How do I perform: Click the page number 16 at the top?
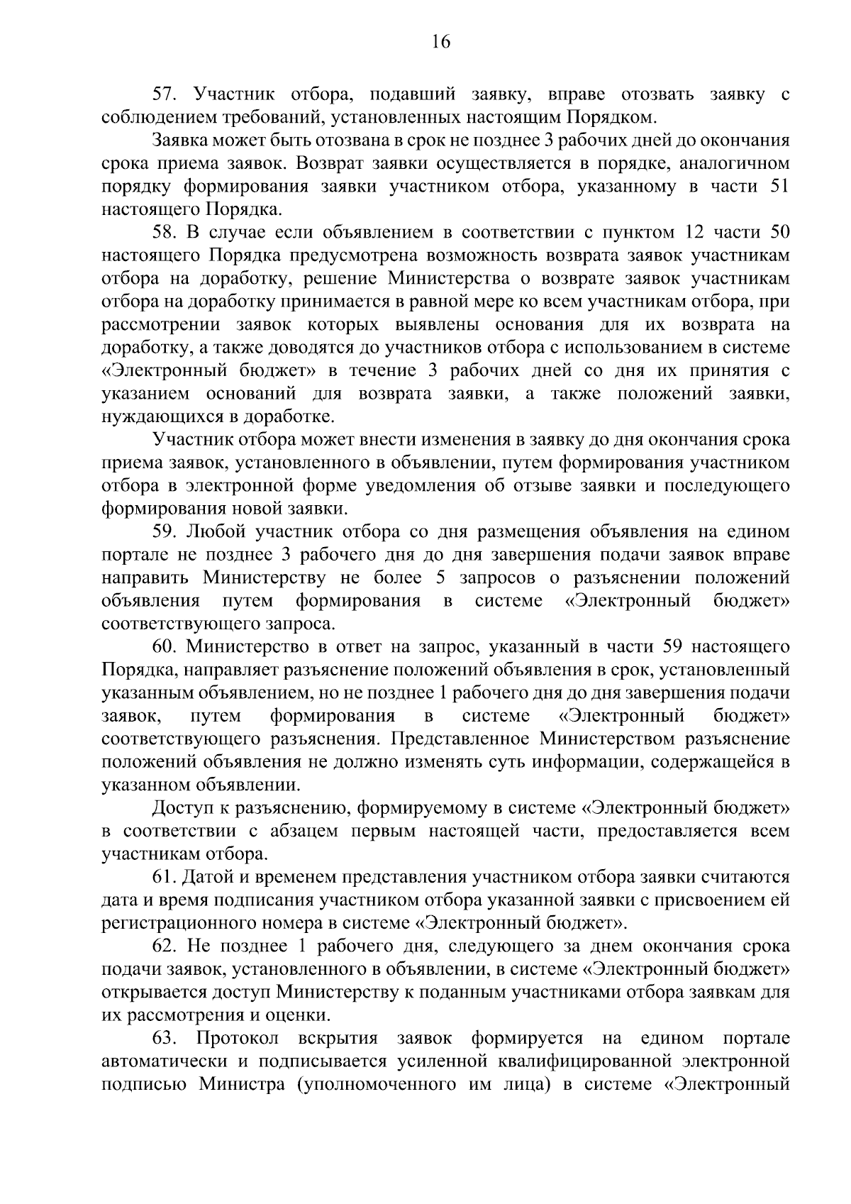coord(440,42)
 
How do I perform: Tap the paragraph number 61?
coord(164,877)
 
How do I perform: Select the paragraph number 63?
coord(164,1038)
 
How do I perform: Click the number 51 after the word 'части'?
coord(778,187)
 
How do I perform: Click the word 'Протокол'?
coord(237,1038)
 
